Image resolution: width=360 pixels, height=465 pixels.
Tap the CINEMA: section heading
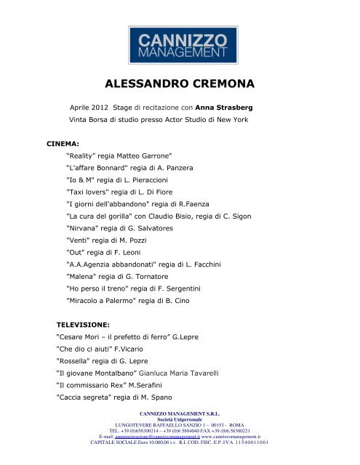(x=63, y=144)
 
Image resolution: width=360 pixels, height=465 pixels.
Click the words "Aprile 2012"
(x=88, y=107)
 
